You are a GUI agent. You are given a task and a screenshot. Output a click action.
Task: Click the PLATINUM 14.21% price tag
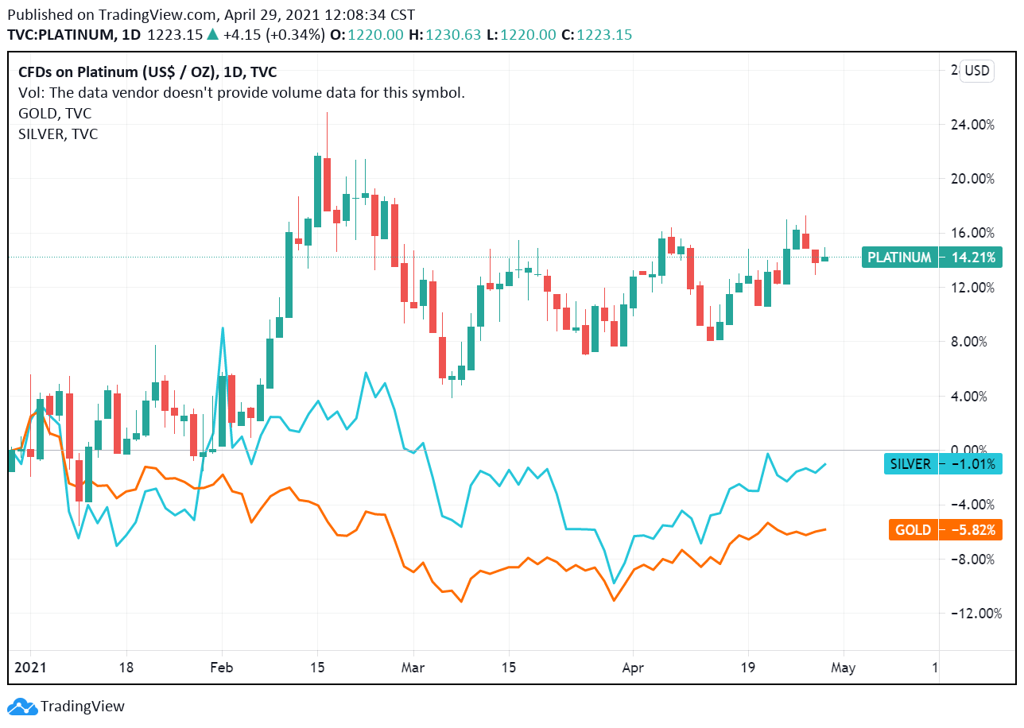[932, 258]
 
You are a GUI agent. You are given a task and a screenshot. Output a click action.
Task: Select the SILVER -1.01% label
[943, 464]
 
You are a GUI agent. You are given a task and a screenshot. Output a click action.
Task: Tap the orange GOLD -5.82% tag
[944, 530]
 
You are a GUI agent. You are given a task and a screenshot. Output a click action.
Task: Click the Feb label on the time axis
[222, 668]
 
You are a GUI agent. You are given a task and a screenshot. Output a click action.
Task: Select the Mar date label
[413, 668]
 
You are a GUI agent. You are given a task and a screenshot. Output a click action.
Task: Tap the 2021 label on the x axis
[30, 668]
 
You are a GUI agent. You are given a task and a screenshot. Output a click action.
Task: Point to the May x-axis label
[843, 668]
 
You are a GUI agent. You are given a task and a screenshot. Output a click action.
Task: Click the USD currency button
[976, 71]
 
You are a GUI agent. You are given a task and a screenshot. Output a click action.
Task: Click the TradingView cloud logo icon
[21, 706]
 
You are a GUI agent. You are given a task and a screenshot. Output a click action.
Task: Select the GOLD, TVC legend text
[55, 114]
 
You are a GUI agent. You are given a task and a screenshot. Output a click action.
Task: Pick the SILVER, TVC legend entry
[58, 134]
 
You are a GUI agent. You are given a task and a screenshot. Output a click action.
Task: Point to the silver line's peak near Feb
[223, 327]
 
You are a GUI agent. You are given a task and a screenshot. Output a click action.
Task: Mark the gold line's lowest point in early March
[461, 602]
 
